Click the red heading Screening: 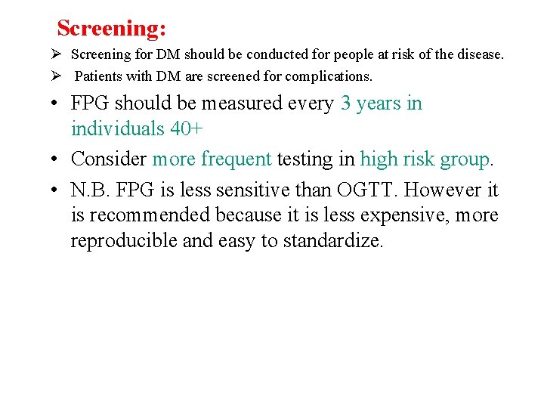[x=112, y=29]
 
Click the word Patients [x=101, y=76]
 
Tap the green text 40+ [x=187, y=129]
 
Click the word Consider [x=109, y=159]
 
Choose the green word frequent [x=236, y=159]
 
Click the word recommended [x=150, y=215]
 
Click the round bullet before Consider [x=57, y=159]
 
